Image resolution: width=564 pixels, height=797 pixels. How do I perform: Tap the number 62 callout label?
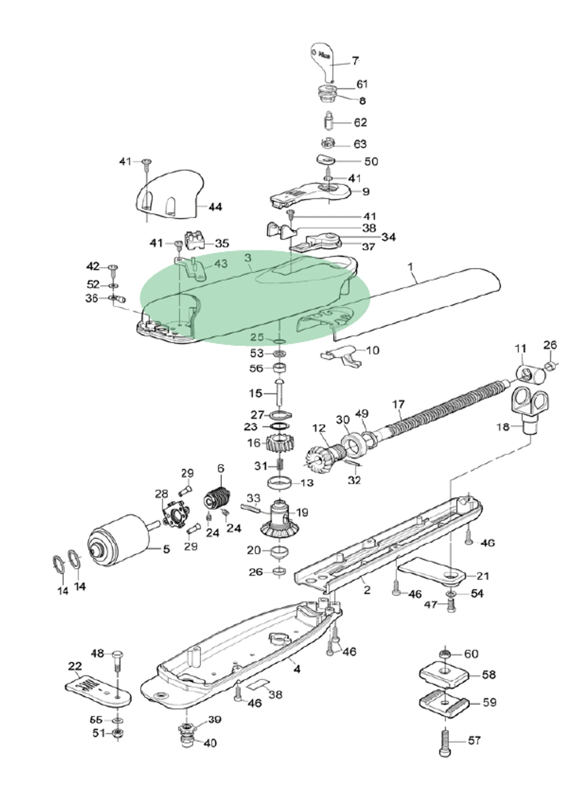360,123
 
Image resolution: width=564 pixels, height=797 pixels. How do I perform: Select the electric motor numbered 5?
116,543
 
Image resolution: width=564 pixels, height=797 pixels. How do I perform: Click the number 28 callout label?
161,494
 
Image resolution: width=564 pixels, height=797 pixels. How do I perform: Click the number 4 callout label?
297,669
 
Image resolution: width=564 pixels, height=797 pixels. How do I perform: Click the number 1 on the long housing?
410,267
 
